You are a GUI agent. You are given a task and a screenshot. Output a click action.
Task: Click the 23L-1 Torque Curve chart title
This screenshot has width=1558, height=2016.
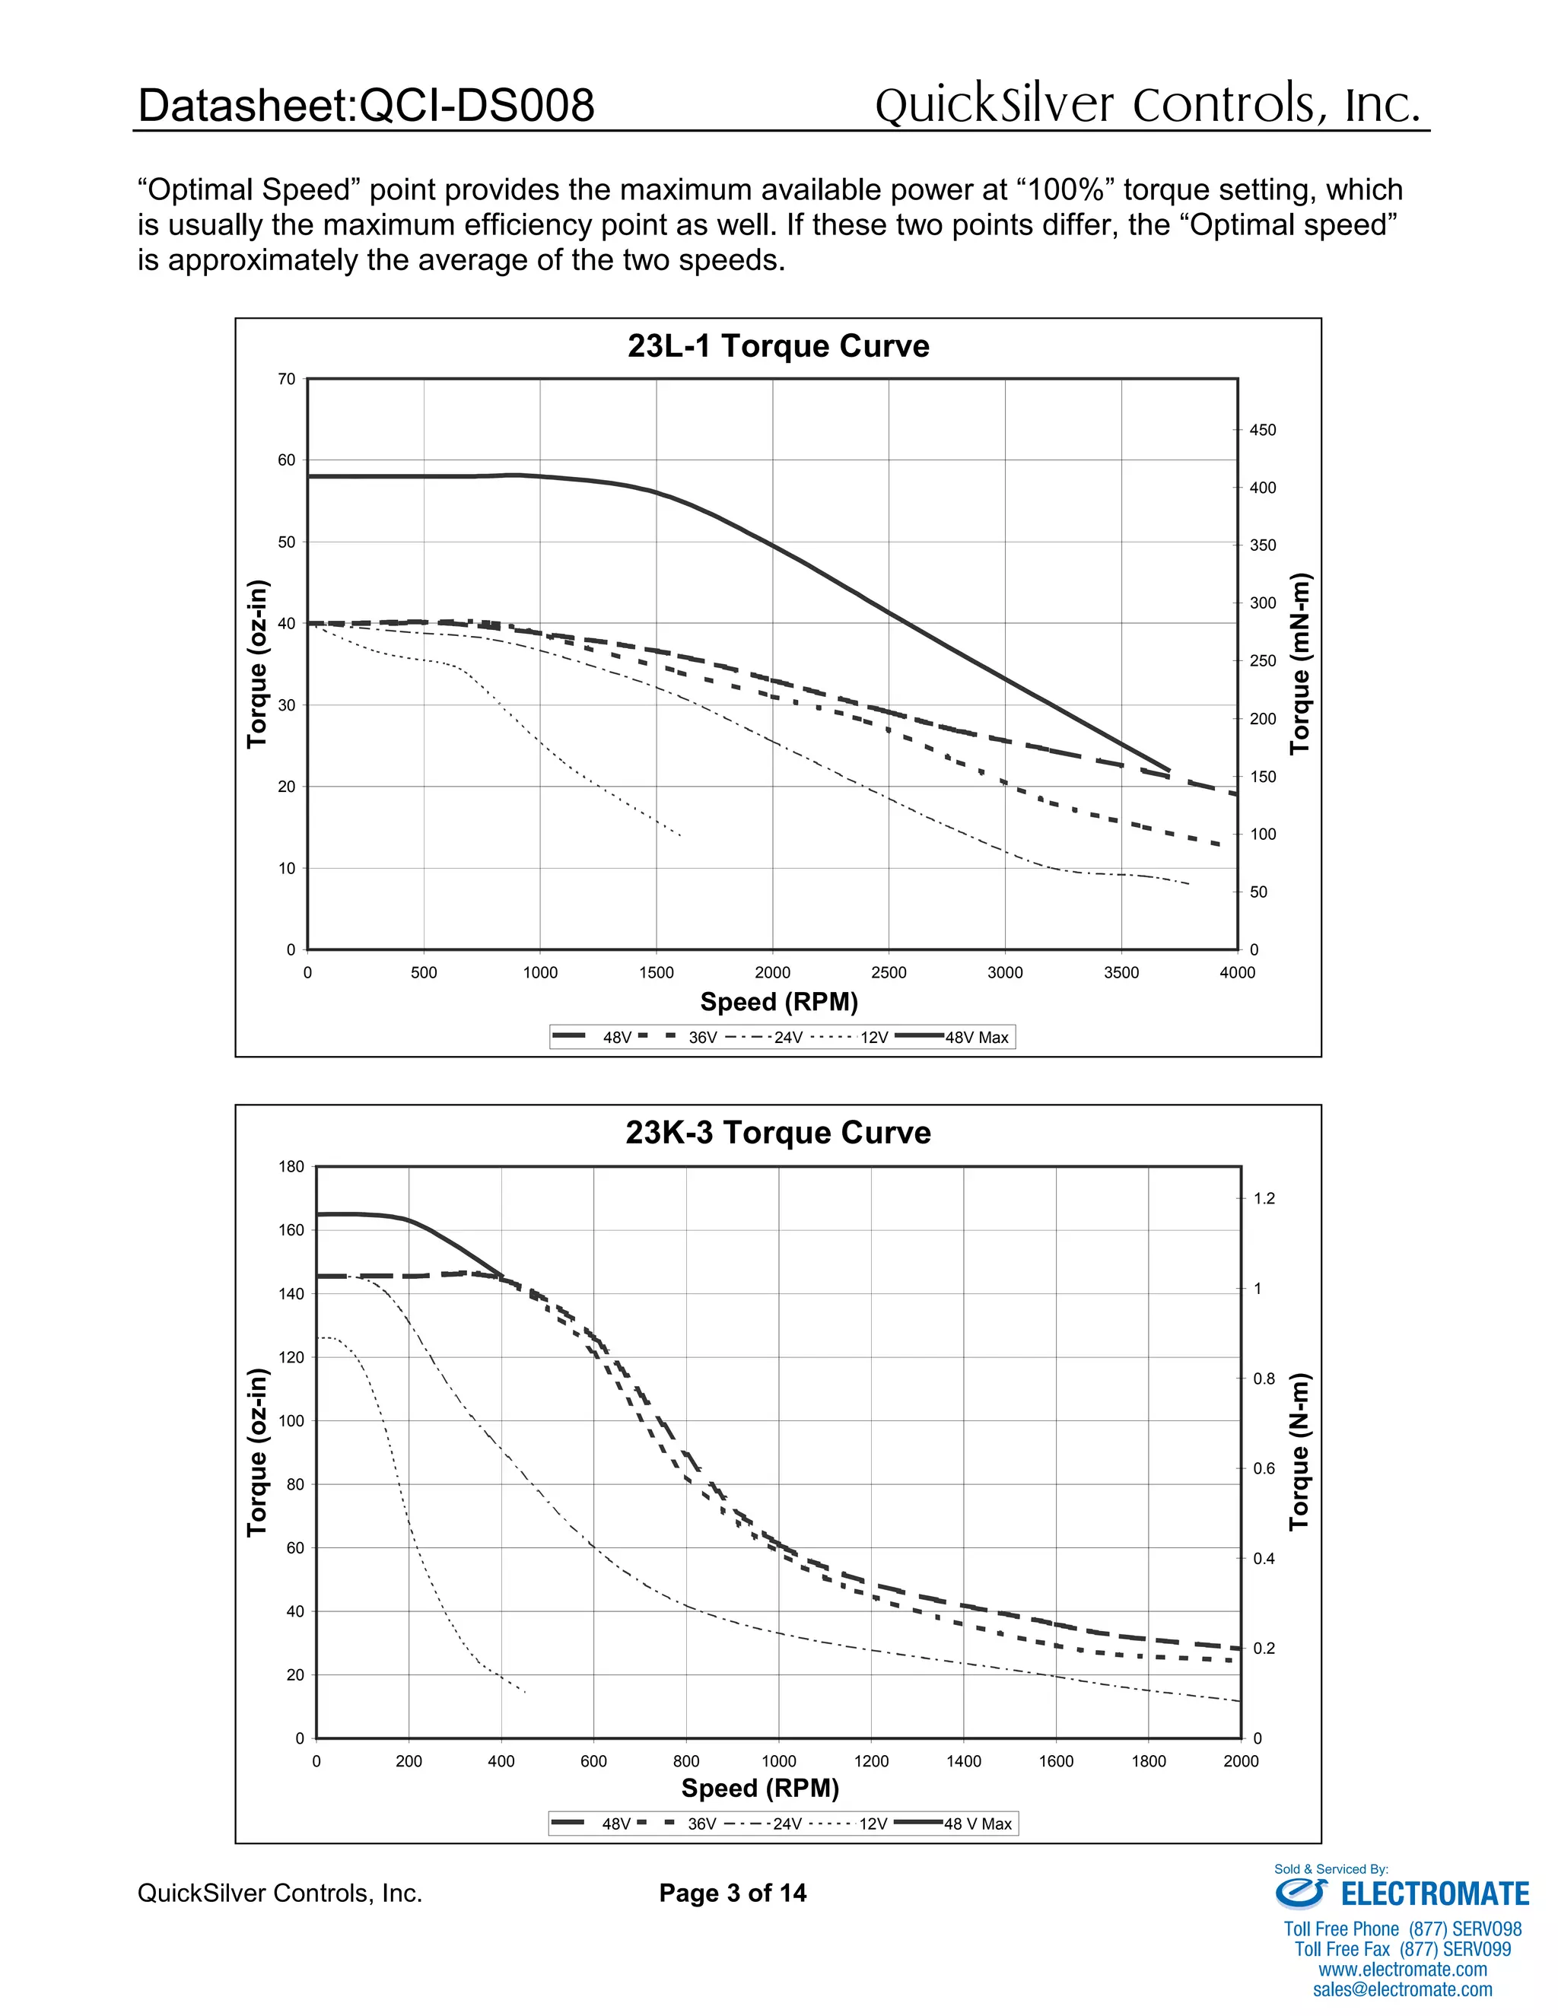tap(778, 346)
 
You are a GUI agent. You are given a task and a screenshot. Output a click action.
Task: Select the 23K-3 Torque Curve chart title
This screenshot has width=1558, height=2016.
tap(778, 1133)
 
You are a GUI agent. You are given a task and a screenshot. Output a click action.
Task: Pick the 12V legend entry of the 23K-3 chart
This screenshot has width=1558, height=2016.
tap(873, 1824)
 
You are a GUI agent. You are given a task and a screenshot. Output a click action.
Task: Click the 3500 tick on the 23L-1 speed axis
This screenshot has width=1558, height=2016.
tap(1121, 973)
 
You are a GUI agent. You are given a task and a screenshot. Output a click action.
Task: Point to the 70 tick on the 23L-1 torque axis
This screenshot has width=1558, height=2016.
tap(287, 380)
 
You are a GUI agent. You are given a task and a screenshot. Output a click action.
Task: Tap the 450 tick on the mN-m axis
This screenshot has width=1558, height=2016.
tap(1263, 430)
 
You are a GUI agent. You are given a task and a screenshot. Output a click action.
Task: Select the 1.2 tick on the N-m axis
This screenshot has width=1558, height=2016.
tap(1264, 1199)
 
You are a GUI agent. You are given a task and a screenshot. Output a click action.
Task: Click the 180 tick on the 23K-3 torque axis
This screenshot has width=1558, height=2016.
tap(291, 1167)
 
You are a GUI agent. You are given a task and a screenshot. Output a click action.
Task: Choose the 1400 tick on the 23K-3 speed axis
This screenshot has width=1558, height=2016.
tap(964, 1761)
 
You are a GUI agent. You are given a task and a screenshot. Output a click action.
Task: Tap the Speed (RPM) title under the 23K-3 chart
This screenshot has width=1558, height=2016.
tap(760, 1789)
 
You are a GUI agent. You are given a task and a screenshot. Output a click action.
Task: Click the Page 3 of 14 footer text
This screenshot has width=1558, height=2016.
tap(732, 1894)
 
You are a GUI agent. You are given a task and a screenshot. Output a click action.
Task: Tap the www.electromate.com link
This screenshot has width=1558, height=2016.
tap(1402, 1969)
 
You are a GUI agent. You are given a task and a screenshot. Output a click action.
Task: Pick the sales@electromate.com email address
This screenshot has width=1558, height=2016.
tap(1402, 1989)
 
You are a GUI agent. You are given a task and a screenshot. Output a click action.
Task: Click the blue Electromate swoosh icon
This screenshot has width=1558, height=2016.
tap(1300, 1894)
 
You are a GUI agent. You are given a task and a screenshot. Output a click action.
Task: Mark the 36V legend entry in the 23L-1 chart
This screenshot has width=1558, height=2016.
tap(701, 1038)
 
